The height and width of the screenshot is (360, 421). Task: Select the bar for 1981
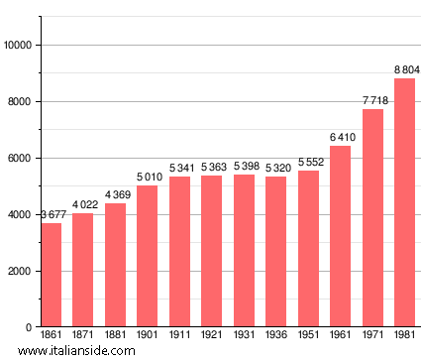[x=404, y=202]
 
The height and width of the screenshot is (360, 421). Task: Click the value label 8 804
[x=406, y=69]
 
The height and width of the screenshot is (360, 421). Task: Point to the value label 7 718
[x=374, y=100]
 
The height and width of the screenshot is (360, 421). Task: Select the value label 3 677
[x=53, y=214]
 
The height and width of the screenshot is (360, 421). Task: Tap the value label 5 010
[x=148, y=177]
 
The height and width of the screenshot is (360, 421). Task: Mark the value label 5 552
[x=309, y=162]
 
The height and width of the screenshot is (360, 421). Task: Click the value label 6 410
[x=341, y=137]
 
